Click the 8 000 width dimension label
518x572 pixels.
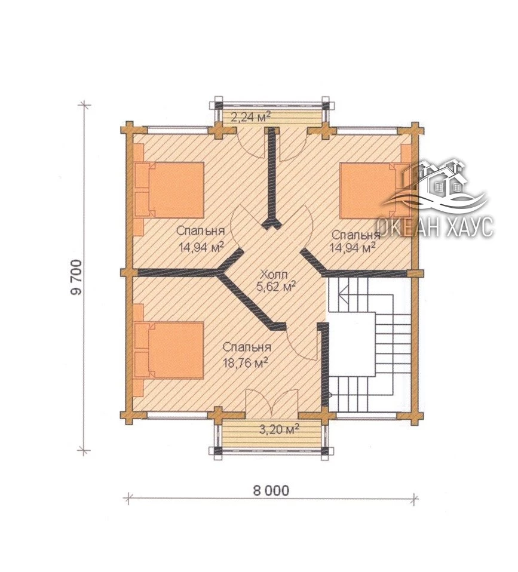click(271, 490)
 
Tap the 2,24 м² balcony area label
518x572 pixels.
click(252, 118)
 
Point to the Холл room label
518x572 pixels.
click(274, 274)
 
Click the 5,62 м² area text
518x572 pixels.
click(276, 287)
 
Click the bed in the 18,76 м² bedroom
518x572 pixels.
click(168, 350)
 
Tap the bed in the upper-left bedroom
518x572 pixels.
click(168, 190)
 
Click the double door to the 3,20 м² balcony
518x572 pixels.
click(272, 403)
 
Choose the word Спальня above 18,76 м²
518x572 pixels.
click(247, 346)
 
